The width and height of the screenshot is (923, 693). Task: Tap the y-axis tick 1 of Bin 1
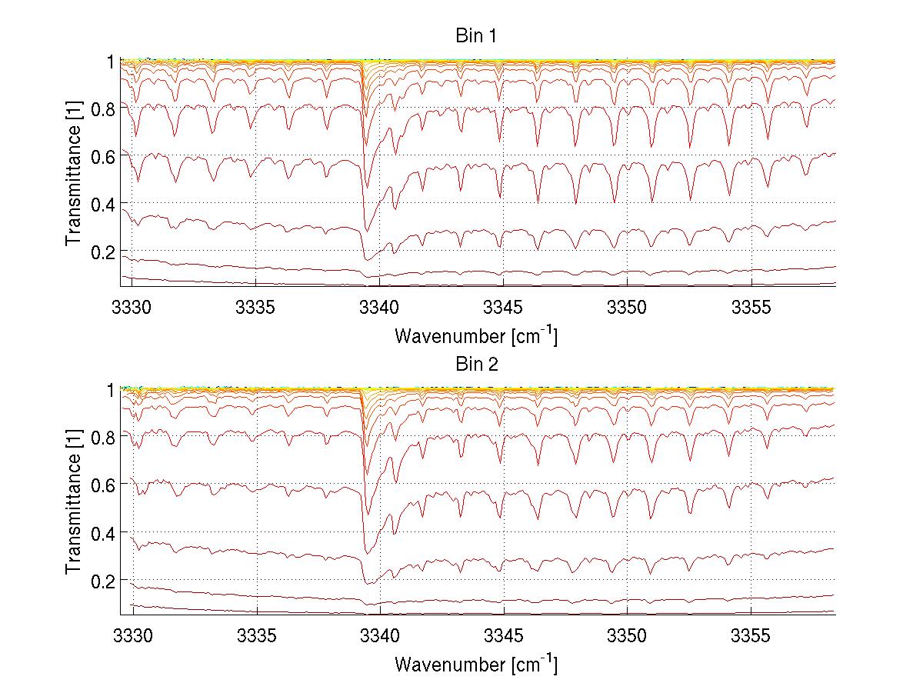tap(110, 60)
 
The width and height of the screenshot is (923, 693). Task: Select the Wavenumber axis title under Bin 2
tap(476, 664)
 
